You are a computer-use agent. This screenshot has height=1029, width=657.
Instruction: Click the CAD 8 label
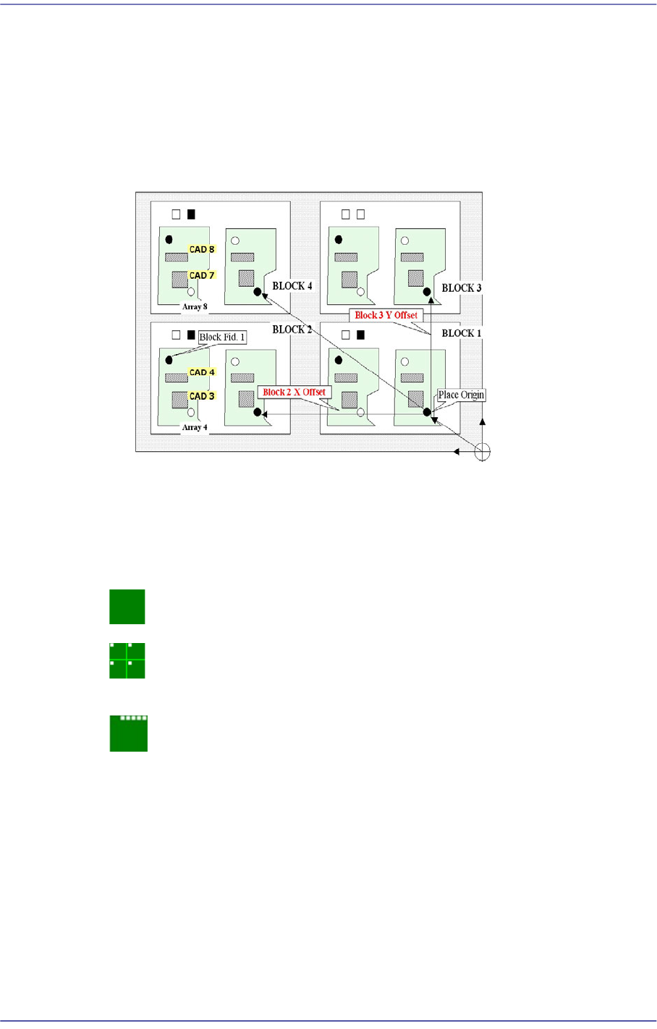tap(202, 250)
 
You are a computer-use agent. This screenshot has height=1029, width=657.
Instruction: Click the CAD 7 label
tap(202, 275)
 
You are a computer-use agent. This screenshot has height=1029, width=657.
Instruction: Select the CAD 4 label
tap(202, 372)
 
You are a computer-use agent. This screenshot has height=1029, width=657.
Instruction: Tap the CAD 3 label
tap(202, 396)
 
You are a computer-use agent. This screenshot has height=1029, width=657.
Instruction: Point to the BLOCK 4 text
tap(292, 286)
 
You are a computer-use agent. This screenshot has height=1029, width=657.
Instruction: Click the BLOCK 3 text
tap(462, 288)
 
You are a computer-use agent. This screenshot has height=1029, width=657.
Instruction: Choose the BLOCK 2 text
tap(292, 329)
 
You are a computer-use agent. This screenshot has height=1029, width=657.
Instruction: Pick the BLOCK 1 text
tap(462, 333)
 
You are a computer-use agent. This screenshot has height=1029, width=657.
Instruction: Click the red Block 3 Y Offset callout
tap(386, 315)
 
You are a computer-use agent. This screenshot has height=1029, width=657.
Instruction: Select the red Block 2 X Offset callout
tap(294, 392)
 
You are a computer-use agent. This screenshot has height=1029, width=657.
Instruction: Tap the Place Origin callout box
tap(461, 395)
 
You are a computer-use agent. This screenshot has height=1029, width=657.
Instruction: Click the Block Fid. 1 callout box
tap(222, 337)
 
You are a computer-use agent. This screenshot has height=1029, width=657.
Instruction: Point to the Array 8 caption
tap(195, 306)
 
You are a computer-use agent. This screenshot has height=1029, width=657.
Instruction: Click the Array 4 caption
tap(195, 427)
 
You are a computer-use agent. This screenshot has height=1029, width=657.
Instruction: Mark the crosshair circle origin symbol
tap(483, 452)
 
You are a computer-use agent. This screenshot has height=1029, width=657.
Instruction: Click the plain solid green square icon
tap(127, 607)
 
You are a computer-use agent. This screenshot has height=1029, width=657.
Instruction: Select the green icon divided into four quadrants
tap(127, 660)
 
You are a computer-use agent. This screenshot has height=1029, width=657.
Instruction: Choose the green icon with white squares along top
tap(129, 733)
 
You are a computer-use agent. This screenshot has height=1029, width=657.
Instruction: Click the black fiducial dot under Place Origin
tap(427, 412)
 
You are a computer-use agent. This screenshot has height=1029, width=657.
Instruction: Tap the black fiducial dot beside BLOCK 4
tap(258, 292)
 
